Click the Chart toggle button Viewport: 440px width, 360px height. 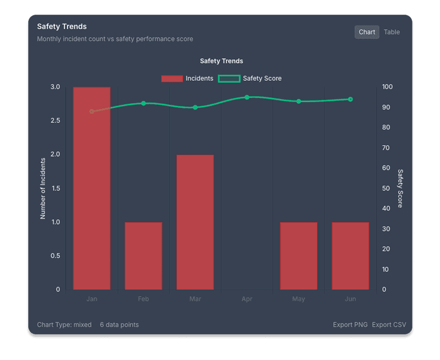click(367, 32)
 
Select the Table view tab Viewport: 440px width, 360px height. click(392, 32)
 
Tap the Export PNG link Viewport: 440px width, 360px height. click(350, 325)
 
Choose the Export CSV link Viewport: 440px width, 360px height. click(389, 325)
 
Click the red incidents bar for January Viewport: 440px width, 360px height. click(92, 188)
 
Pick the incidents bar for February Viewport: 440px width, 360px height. click(143, 256)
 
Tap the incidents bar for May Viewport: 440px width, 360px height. click(299, 256)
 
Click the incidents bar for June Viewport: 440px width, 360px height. click(350, 256)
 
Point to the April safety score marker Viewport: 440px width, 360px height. click(247, 97)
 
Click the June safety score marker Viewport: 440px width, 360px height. click(350, 99)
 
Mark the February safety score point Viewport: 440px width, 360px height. click(143, 103)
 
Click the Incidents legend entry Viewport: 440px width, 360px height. click(187, 79)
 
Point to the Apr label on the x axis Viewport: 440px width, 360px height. click(247, 299)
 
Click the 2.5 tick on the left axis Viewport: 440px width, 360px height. click(55, 121)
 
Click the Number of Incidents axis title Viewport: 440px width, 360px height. click(43, 188)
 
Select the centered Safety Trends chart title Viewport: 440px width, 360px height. click(221, 61)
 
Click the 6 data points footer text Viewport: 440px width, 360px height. click(119, 325)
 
